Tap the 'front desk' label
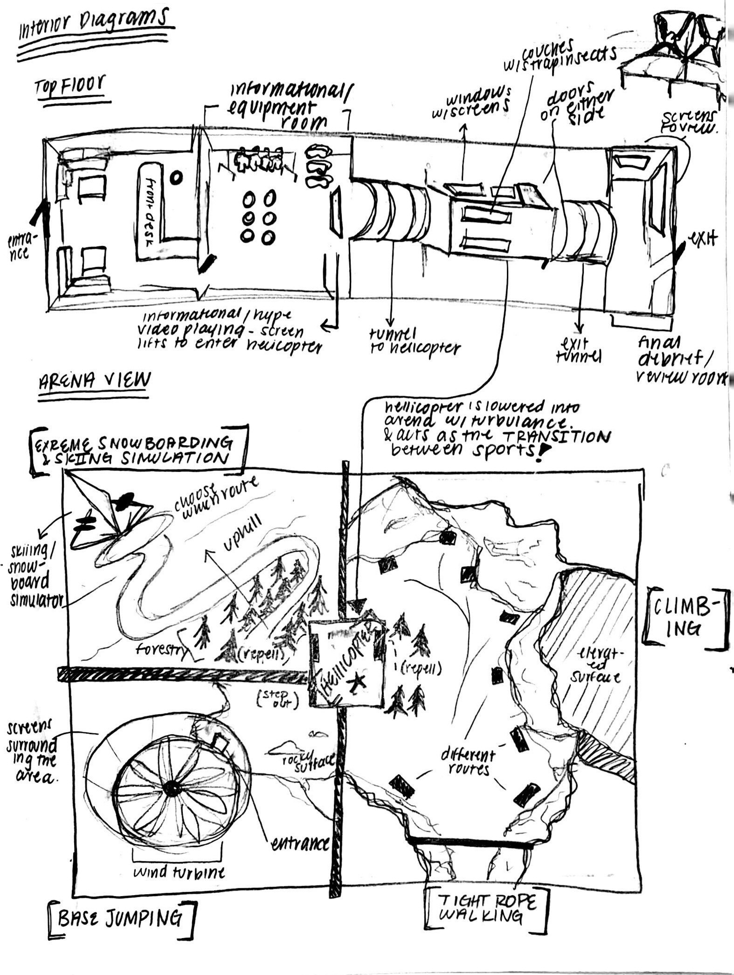(x=151, y=206)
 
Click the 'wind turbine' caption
(x=179, y=871)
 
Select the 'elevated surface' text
(x=599, y=666)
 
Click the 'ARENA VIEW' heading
(x=94, y=381)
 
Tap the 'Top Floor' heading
(x=70, y=87)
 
